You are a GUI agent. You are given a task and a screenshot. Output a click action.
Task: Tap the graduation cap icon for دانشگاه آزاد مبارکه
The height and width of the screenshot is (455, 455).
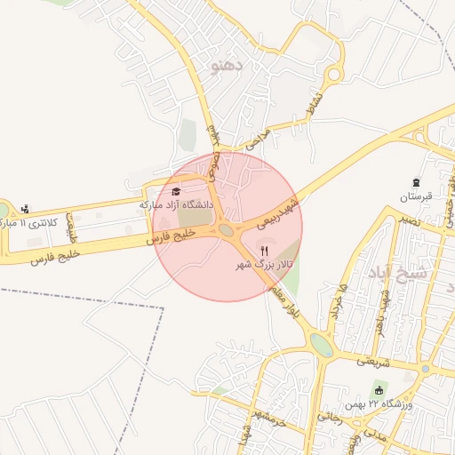pyautogui.click(x=175, y=191)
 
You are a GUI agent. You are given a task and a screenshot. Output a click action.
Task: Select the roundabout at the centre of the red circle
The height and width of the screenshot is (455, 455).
pyautogui.click(x=227, y=230)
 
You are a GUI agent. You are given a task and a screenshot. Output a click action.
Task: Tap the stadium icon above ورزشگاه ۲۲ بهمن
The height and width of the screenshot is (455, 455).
pyautogui.click(x=379, y=391)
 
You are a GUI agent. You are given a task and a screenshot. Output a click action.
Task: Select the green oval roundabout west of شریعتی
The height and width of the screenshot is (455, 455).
pyautogui.click(x=323, y=346)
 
